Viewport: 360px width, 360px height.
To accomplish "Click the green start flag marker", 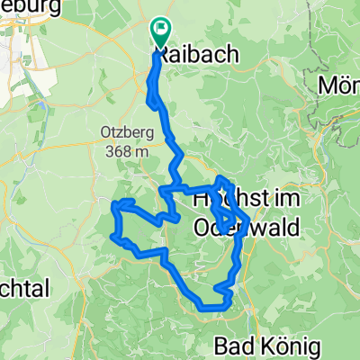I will coord(160,31).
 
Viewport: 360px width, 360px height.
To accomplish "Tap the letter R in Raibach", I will coord(166,55).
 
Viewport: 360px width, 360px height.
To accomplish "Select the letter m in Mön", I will coord(331,85).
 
